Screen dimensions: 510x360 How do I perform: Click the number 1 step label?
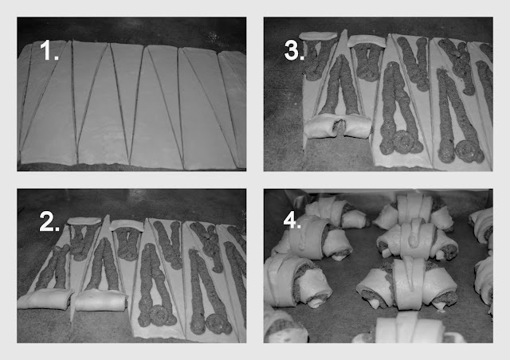(49, 50)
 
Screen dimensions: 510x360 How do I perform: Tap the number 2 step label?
(49, 221)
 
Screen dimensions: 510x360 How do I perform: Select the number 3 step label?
(294, 51)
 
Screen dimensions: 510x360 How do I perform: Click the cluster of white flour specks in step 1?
(212, 35)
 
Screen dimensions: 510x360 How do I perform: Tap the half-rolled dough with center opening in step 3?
(338, 126)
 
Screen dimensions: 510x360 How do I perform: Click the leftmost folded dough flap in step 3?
(318, 36)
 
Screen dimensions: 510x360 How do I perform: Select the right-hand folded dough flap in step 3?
(367, 40)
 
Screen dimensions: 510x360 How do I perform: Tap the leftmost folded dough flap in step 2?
(84, 221)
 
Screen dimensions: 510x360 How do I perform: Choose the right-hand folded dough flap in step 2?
(127, 225)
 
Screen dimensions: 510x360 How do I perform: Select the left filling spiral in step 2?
(160, 315)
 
